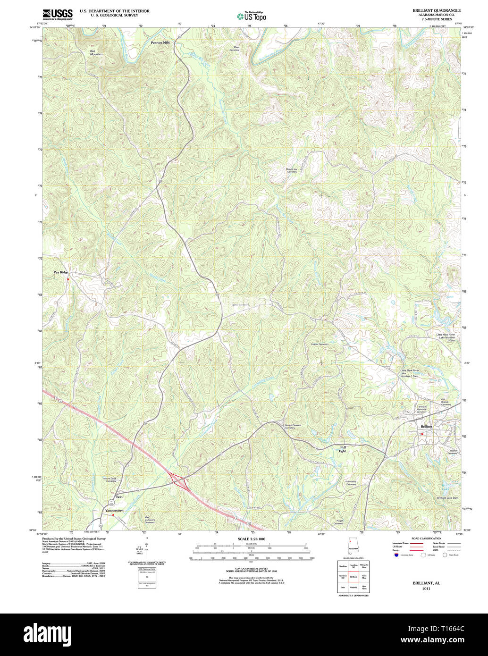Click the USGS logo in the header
pyautogui.click(x=58, y=14)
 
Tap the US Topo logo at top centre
pyautogui.click(x=252, y=17)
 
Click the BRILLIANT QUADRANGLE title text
pyautogui.click(x=437, y=10)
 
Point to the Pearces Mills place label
pyautogui.click(x=160, y=42)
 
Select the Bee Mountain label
pyautogui.click(x=96, y=52)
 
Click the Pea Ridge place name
pyautogui.click(x=61, y=272)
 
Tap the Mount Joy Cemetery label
pyautogui.click(x=292, y=170)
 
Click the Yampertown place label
pyautogui.click(x=114, y=511)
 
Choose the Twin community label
pyautogui.click(x=119, y=497)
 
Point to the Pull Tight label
pyautogui.click(x=343, y=448)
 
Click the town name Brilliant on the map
pyautogui.click(x=426, y=426)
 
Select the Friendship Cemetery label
pyautogui.click(x=351, y=483)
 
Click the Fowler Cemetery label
pyautogui.click(x=320, y=344)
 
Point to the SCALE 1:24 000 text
pyautogui.click(x=251, y=539)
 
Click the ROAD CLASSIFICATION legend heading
pyautogui.click(x=426, y=538)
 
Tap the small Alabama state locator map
pyautogui.click(x=353, y=545)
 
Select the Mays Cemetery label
pyautogui.click(x=235, y=48)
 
